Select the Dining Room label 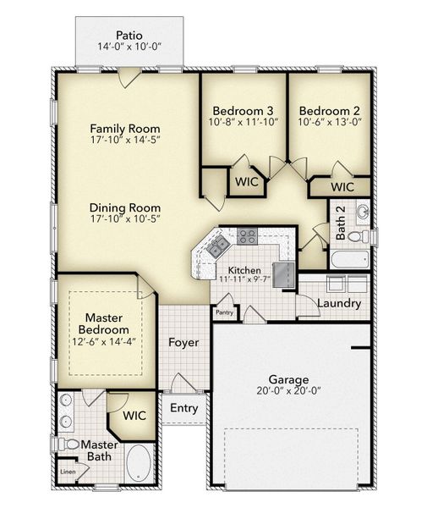click(x=125, y=206)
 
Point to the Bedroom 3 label click(x=243, y=110)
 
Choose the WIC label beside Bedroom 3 click(x=246, y=181)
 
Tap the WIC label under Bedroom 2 click(x=342, y=186)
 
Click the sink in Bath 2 click(x=362, y=210)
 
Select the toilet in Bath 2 click(x=359, y=235)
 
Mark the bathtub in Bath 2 click(x=349, y=260)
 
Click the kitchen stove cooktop click(x=247, y=236)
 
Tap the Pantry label click(x=224, y=312)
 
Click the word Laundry click(x=340, y=303)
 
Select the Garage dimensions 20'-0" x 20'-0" click(x=288, y=393)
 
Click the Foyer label click(x=183, y=343)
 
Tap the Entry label click(x=183, y=408)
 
